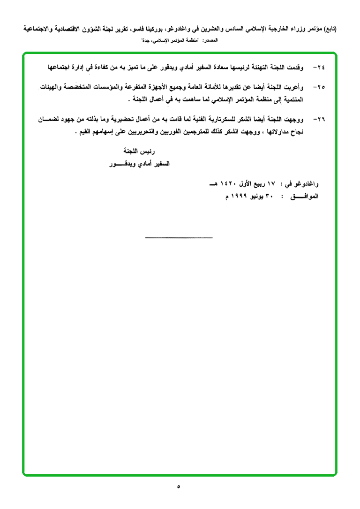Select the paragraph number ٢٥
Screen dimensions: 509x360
(321, 87)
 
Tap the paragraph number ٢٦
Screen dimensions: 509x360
(321, 120)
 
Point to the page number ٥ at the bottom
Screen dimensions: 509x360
(179, 486)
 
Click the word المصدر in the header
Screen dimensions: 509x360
(212, 41)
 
